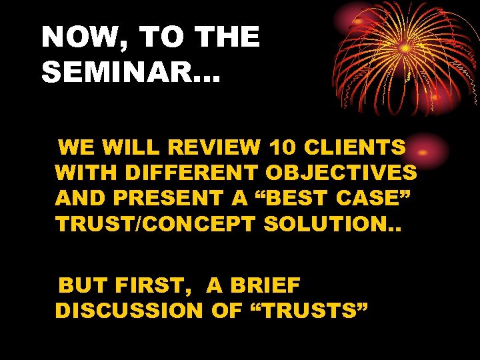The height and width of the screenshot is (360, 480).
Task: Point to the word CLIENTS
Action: tap(357, 147)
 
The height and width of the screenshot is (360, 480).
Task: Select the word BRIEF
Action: tap(264, 286)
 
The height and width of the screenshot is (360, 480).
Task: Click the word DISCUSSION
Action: tap(129, 311)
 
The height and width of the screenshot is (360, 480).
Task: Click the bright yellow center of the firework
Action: tap(405, 48)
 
